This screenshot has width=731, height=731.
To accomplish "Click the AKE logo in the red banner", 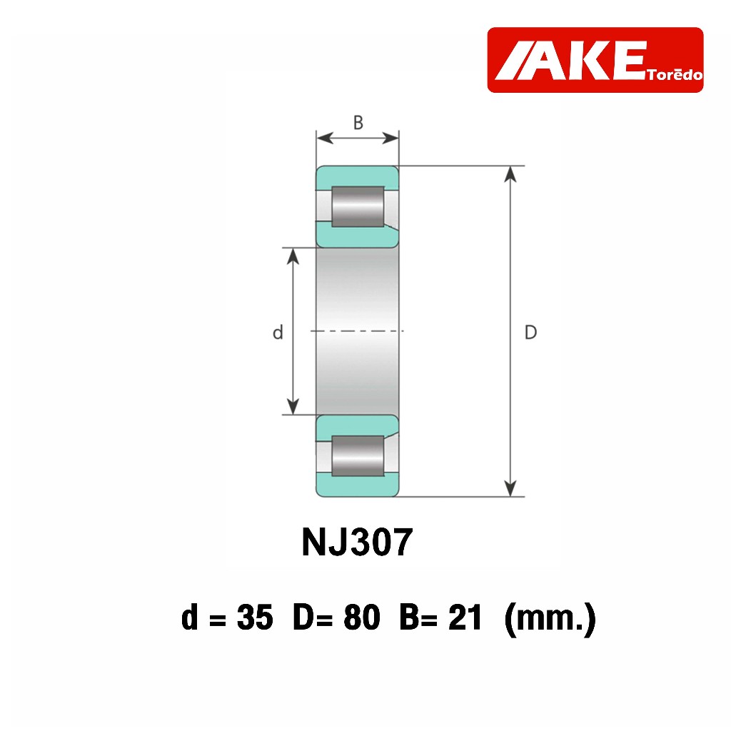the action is tap(595, 60).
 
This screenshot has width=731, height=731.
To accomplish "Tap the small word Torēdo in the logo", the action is tap(675, 75).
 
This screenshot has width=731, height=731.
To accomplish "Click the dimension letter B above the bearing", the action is tap(358, 123).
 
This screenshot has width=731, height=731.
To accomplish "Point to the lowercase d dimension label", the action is tap(278, 333).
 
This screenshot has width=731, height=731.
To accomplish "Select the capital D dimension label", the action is tap(530, 333).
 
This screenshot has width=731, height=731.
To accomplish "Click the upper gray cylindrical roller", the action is tap(358, 206).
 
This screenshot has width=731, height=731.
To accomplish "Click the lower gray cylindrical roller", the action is tap(358, 456).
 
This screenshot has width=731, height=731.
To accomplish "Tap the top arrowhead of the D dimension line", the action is tap(511, 173).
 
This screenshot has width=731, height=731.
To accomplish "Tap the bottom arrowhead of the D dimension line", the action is tap(511, 488).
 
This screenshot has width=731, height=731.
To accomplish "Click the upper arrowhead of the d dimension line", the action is tap(293, 256).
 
